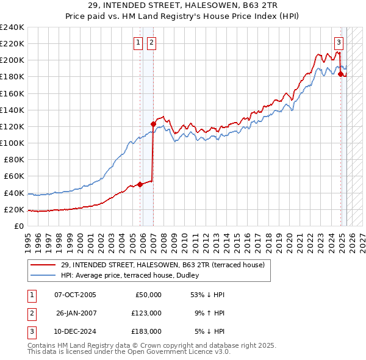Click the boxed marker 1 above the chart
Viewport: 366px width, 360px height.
(138, 42)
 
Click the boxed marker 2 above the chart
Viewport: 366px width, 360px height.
(151, 42)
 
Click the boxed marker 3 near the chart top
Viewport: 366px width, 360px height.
(339, 42)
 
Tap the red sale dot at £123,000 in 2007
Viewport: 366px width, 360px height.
(153, 124)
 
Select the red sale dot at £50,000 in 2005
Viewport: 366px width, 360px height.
(140, 184)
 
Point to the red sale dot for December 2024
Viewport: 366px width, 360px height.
(340, 74)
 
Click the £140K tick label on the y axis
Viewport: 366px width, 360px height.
(12, 110)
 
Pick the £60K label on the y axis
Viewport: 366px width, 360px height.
(14, 176)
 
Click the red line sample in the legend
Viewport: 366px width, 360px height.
(44, 265)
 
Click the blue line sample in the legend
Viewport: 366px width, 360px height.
(44, 275)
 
